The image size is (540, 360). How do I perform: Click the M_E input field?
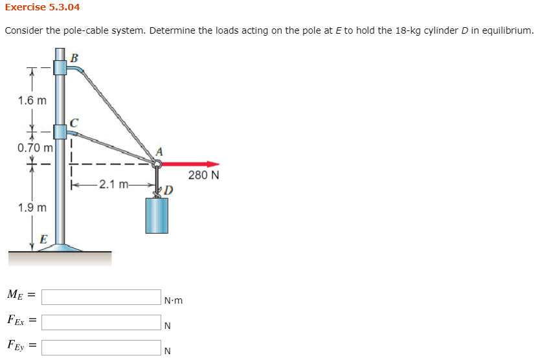[101, 297]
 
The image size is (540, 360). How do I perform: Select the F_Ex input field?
[101, 322]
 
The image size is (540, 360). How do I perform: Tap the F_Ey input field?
[101, 348]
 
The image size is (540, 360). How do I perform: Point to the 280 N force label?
[203, 175]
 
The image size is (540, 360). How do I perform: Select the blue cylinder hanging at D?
[157, 215]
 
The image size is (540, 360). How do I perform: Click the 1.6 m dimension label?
[33, 100]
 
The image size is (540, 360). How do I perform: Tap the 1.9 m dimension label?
[32, 208]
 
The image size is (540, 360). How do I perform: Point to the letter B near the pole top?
[74, 58]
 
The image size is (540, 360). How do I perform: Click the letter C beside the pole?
[74, 121]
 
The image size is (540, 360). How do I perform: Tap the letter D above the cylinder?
[168, 190]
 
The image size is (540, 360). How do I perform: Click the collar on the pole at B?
[60, 67]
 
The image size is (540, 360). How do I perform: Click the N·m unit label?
[174, 300]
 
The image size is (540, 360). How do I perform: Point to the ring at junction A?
[156, 164]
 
